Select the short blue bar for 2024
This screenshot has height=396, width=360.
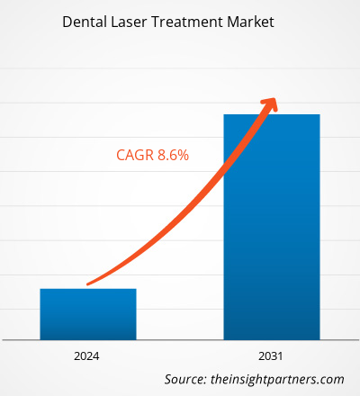(x=87, y=313)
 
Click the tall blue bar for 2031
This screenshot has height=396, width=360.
(x=271, y=225)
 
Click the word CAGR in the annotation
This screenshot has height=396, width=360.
(x=134, y=156)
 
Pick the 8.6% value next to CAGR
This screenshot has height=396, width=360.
(x=172, y=156)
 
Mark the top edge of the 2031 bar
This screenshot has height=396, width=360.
(x=271, y=114)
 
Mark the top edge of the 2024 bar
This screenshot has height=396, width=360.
(x=87, y=289)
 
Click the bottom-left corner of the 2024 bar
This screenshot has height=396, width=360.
(x=40, y=338)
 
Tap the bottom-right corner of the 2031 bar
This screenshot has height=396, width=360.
(x=319, y=338)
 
